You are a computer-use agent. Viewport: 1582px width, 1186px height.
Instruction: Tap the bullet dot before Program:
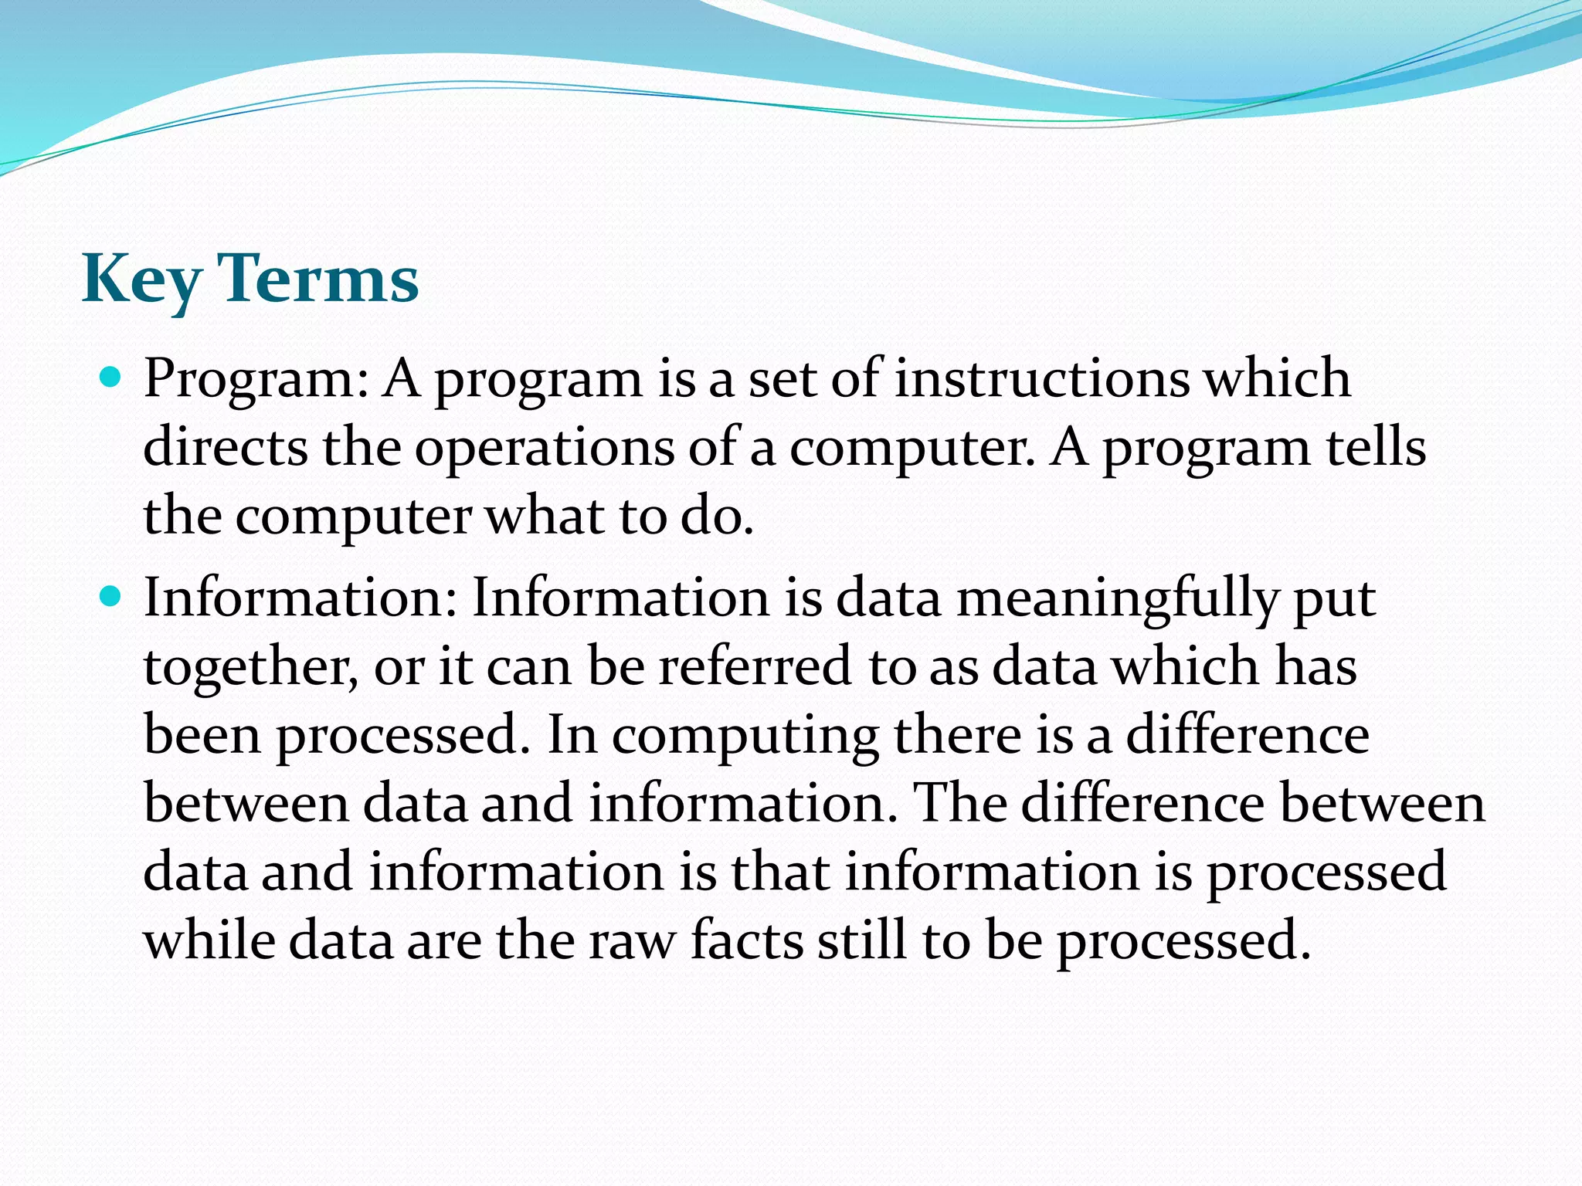pyautogui.click(x=112, y=378)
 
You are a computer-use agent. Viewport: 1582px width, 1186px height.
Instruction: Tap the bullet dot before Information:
pyautogui.click(x=112, y=597)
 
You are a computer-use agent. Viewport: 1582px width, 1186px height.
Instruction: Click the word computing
pyautogui.click(x=745, y=736)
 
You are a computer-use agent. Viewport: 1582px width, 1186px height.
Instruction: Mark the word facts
pyautogui.click(x=746, y=940)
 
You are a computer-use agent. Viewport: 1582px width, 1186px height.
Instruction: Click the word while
pyautogui.click(x=209, y=940)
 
